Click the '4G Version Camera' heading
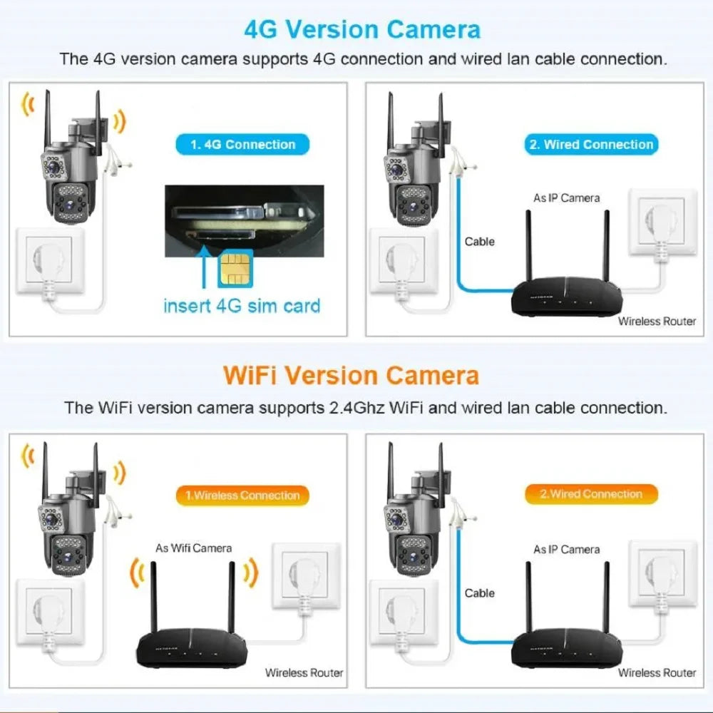pyautogui.click(x=361, y=30)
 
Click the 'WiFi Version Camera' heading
pyautogui.click(x=351, y=375)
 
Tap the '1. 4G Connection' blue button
pyautogui.click(x=242, y=145)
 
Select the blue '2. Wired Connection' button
pyautogui.click(x=591, y=145)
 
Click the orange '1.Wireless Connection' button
pyautogui.click(x=242, y=495)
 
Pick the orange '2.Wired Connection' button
pyautogui.click(x=591, y=494)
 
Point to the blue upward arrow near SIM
pyautogui.click(x=205, y=270)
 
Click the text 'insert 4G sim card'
pyautogui.click(x=242, y=307)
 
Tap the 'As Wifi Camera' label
pyautogui.click(x=193, y=548)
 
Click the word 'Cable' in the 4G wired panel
pyautogui.click(x=479, y=242)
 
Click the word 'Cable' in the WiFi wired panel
pyautogui.click(x=479, y=593)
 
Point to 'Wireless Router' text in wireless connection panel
pyautogui.click(x=304, y=672)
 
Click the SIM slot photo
pyautogui.click(x=240, y=221)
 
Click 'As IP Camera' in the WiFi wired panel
pyautogui.click(x=566, y=549)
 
